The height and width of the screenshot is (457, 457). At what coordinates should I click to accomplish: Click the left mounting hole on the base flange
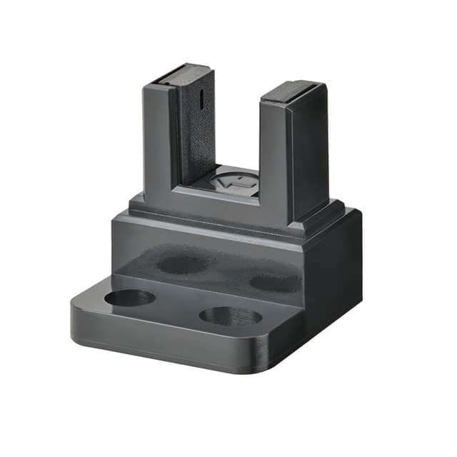129,297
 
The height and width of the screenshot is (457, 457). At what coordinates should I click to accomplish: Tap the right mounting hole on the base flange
230,316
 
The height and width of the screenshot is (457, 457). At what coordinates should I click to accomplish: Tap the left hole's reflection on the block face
182,264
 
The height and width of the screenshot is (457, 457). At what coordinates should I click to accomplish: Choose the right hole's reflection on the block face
275,283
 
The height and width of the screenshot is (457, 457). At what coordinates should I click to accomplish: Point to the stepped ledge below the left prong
137,205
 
